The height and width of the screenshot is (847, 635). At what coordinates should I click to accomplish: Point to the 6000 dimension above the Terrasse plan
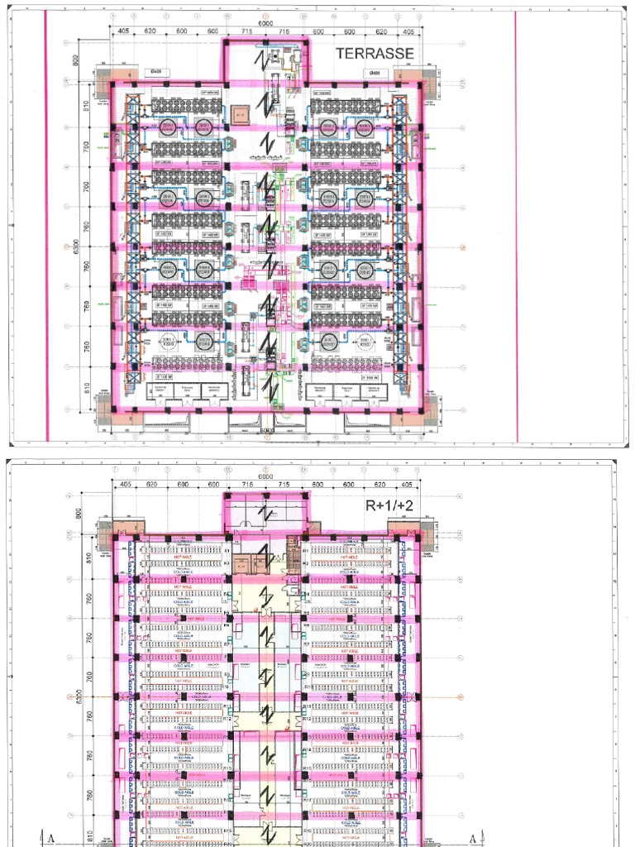pos(265,24)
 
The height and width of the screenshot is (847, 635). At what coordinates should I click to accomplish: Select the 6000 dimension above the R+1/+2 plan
pos(265,476)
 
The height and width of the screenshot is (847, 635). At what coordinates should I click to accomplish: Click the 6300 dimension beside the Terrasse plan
pos(75,246)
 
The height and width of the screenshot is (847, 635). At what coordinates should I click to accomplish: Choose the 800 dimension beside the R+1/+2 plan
pos(79,512)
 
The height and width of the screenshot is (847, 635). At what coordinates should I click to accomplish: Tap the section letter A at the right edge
pos(473,838)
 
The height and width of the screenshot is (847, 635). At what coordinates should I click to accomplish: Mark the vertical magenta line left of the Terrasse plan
pos(46,223)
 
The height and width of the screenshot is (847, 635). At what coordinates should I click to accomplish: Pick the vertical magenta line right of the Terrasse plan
pos(517,223)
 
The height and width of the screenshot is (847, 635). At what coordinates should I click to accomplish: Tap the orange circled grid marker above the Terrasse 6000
pos(265,16)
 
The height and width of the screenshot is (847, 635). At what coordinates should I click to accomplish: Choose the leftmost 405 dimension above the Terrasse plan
pos(123,31)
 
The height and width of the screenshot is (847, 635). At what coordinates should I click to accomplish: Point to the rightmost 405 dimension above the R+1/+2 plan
pos(408,484)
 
